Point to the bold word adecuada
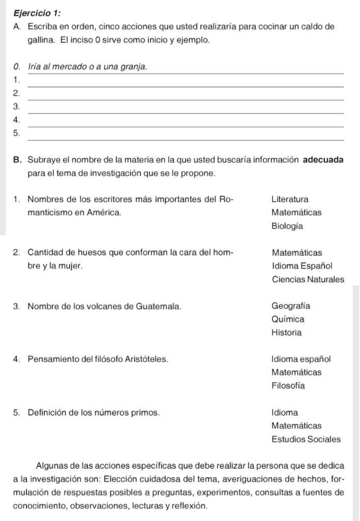click(x=323, y=160)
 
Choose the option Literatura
click(x=290, y=199)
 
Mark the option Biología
click(x=287, y=226)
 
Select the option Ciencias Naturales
click(x=308, y=279)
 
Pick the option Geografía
click(x=291, y=306)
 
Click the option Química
click(x=288, y=320)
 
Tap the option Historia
click(x=286, y=333)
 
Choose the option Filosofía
click(x=288, y=386)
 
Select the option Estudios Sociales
click(x=306, y=439)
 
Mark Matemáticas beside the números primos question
click(x=296, y=425)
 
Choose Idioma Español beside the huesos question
click(x=302, y=266)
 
